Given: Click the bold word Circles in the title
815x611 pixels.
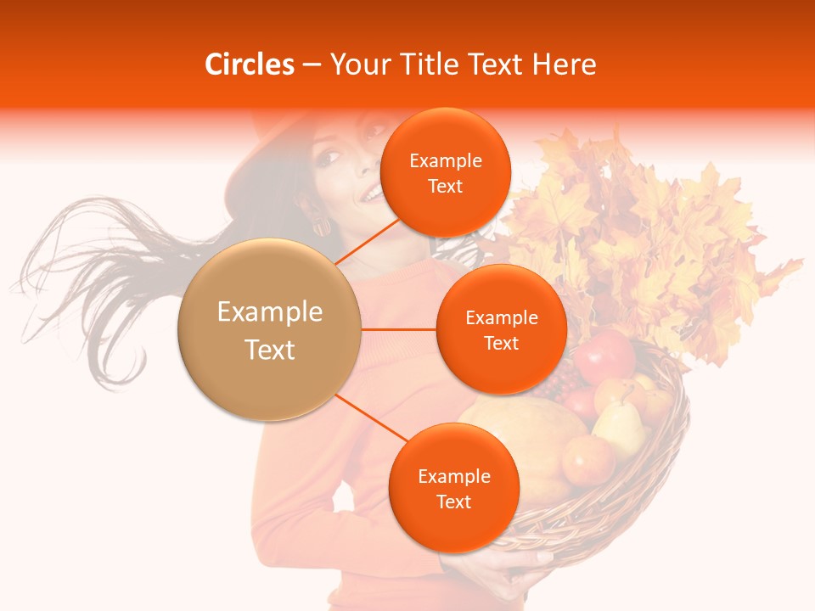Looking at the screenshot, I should (x=250, y=64).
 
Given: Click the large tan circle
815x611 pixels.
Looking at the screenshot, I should (x=269, y=329).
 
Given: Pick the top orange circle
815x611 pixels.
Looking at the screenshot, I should (x=445, y=172).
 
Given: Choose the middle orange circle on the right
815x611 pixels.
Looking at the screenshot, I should (x=501, y=329).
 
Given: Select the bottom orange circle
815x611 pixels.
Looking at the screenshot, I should (x=453, y=488).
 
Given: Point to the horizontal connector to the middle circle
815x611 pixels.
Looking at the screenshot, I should (x=398, y=329).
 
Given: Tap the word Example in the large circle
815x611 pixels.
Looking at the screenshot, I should (x=269, y=312).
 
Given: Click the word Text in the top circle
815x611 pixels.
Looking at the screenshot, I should (x=445, y=186).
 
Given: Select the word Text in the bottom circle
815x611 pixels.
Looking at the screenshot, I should (x=453, y=502).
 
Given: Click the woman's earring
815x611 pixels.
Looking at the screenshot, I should (x=323, y=227).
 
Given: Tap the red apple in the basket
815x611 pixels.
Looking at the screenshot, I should (x=604, y=356).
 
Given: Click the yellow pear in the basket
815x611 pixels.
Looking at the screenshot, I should (x=621, y=429).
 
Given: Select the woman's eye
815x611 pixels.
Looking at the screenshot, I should (x=330, y=158).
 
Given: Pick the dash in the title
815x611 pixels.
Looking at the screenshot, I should (x=312, y=64).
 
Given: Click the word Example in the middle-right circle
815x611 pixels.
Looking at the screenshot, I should (x=501, y=317).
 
